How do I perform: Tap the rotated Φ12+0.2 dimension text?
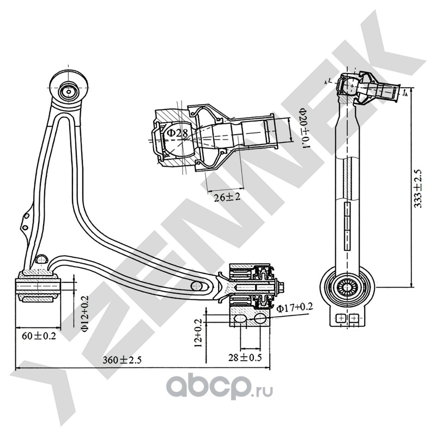point(83,313)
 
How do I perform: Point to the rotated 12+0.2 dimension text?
point(199,332)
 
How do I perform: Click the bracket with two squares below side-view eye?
point(347,317)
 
